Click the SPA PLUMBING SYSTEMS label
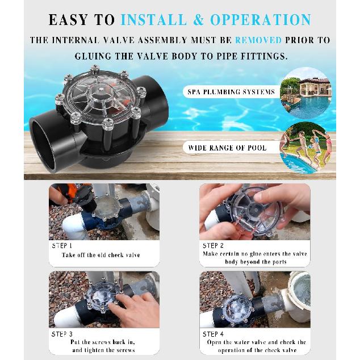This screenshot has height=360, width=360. [231, 91]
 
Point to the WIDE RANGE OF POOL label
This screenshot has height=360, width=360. [227, 148]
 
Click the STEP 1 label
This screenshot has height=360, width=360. [62, 246]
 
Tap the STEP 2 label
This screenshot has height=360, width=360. [213, 246]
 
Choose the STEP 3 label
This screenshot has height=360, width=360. [62, 334]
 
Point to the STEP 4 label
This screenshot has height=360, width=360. [213, 334]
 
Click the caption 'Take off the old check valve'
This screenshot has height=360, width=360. [101, 255]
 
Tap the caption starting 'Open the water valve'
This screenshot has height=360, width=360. [254, 346]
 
